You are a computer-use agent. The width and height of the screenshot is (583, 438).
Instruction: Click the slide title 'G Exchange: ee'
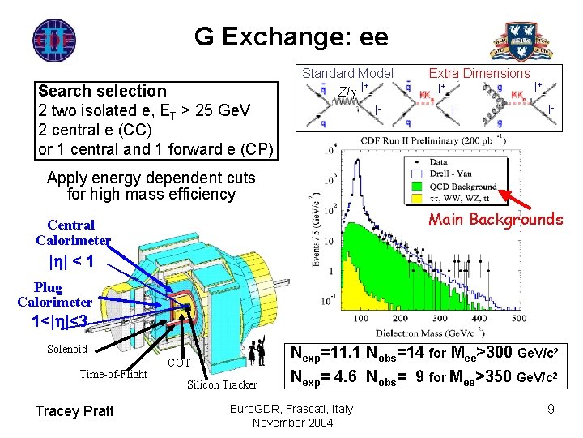[x=291, y=36]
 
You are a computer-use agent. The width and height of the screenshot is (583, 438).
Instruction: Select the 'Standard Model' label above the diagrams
[x=347, y=73]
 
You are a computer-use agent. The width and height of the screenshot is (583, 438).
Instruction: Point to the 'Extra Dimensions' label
[x=479, y=73]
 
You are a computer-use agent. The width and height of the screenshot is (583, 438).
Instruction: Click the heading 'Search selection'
[x=102, y=91]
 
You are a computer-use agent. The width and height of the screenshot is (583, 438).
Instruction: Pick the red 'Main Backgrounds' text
[x=496, y=219]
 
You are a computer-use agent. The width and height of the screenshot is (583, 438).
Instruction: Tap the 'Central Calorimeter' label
[x=72, y=232]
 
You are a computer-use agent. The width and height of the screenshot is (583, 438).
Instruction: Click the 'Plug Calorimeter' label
[x=54, y=294]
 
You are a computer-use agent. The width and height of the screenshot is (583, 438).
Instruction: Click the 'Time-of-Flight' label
[x=113, y=374]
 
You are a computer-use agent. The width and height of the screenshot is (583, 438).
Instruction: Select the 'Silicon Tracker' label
[x=221, y=384]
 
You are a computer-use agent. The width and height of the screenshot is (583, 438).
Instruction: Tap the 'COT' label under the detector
[x=179, y=363]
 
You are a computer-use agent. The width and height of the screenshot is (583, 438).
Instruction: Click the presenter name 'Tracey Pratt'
[x=74, y=410]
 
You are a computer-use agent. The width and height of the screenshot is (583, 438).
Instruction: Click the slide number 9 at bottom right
[x=551, y=410]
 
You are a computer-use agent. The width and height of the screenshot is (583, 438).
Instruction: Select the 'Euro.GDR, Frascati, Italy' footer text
[x=291, y=408]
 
